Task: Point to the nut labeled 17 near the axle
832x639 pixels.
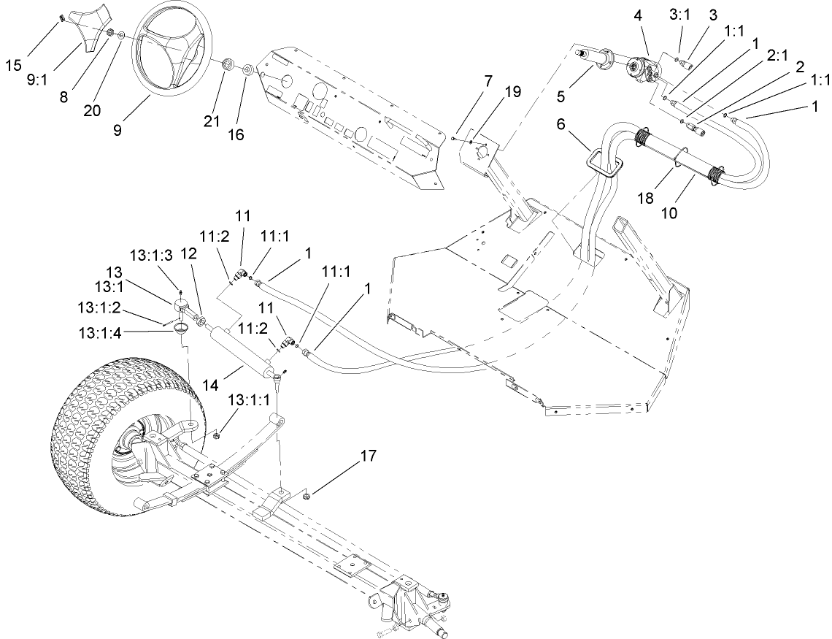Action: point(307,496)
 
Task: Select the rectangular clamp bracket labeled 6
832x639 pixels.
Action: point(603,161)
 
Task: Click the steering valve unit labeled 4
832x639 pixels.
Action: point(642,70)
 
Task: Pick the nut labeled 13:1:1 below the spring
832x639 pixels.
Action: point(217,435)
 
